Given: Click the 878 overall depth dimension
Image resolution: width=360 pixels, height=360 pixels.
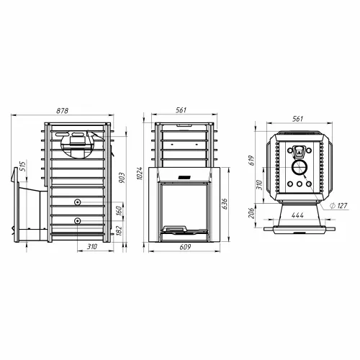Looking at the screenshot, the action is pyautogui.click(x=63, y=111).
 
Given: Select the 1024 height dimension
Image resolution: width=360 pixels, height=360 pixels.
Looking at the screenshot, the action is pyautogui.click(x=139, y=174).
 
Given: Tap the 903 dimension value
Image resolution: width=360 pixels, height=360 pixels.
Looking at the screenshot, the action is pyautogui.click(x=122, y=178).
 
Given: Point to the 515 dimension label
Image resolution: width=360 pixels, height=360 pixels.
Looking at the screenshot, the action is pyautogui.click(x=22, y=166).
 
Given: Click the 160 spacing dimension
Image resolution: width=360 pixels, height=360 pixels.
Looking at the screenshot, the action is pyautogui.click(x=120, y=211).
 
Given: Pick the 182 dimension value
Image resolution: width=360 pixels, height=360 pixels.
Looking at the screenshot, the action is pyautogui.click(x=120, y=230).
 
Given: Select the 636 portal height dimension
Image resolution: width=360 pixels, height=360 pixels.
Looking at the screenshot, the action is pyautogui.click(x=224, y=204).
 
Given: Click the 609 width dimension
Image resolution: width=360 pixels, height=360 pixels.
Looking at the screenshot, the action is pyautogui.click(x=185, y=247).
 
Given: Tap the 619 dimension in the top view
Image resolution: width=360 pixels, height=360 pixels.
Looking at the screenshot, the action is pyautogui.click(x=251, y=161).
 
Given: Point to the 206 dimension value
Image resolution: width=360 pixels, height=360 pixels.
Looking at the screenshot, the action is pyautogui.click(x=251, y=213).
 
